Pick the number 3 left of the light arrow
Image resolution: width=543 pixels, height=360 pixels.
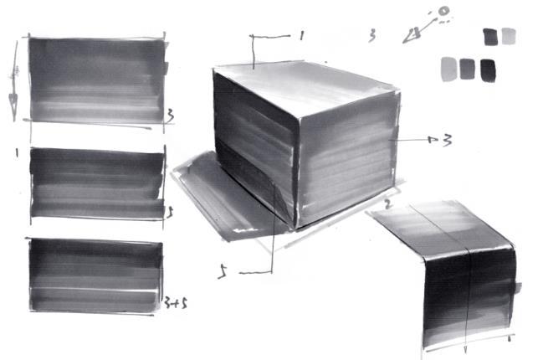(x=371, y=35)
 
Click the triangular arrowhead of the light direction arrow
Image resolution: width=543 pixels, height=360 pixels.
(x=411, y=35)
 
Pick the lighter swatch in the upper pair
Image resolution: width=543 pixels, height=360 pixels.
(x=508, y=36)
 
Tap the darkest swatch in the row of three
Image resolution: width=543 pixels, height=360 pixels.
(x=488, y=69)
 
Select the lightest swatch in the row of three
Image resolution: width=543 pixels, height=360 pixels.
(x=448, y=69)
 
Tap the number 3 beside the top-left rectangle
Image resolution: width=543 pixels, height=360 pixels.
(x=170, y=114)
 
